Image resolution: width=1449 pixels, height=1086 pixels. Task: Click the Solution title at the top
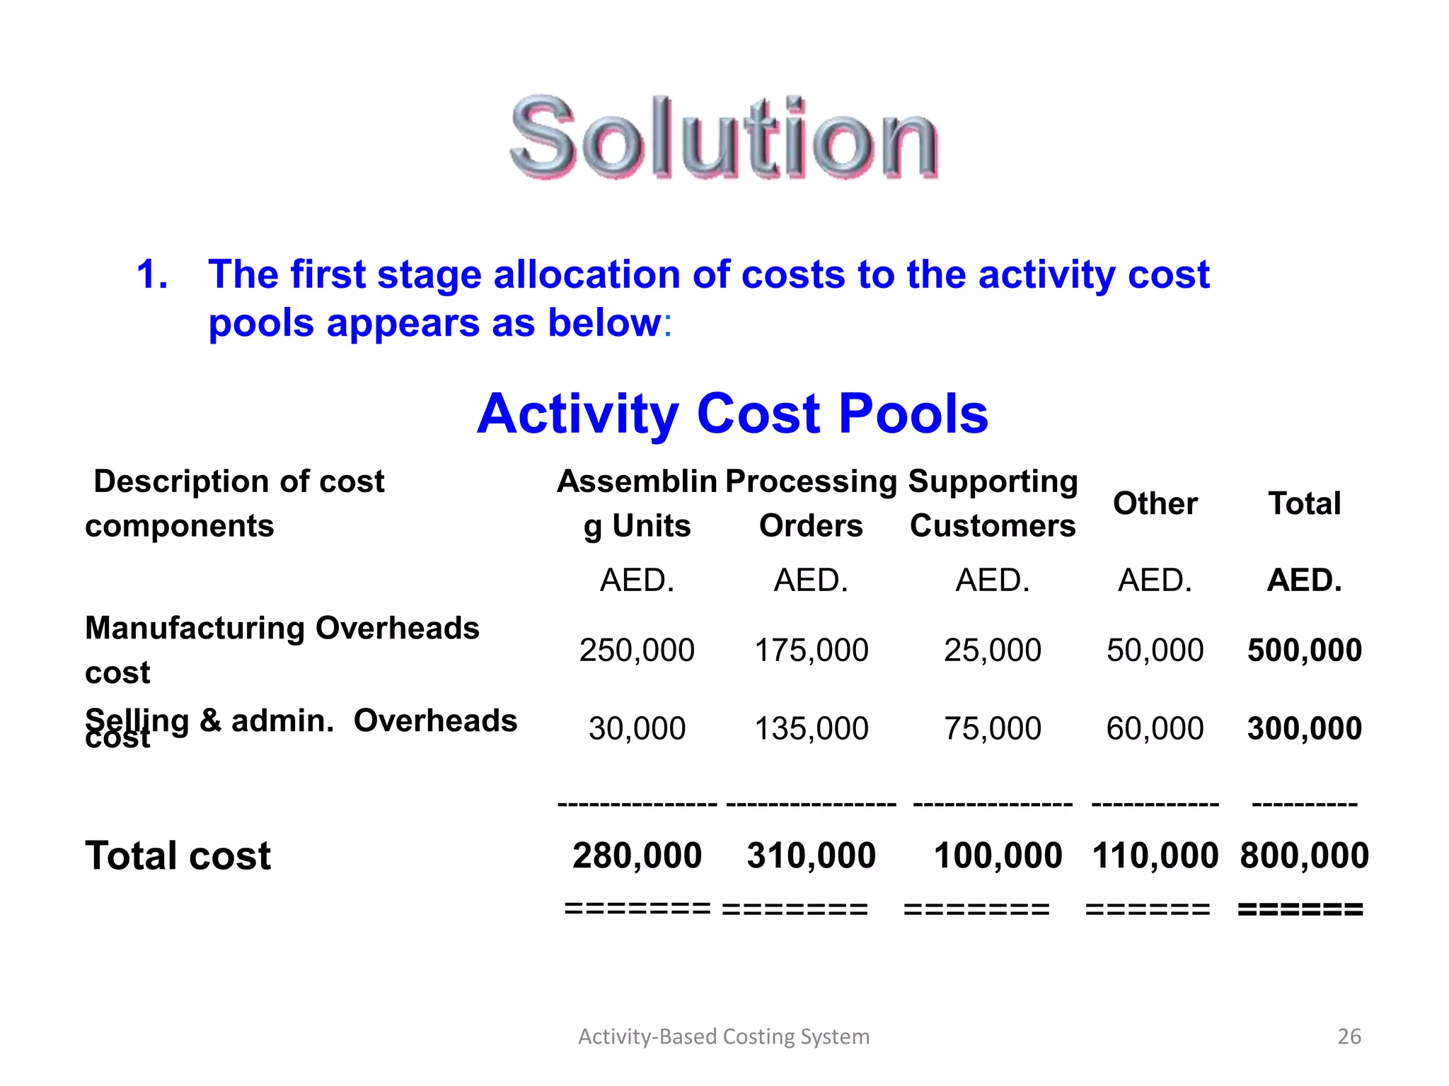724,137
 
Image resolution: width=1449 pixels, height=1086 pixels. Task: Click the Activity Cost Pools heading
732,414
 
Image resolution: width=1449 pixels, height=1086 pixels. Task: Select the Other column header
1155,503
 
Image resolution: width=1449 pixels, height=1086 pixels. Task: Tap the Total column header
1304,503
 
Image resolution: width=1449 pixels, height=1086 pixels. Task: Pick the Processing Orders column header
811,503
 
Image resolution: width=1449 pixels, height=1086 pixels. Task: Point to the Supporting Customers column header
993,503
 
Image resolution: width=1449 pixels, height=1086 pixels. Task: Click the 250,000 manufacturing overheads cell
637,650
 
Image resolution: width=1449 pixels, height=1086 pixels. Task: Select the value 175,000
811,650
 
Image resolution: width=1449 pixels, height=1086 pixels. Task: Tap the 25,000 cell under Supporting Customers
992,650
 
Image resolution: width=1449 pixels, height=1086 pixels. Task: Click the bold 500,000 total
1304,650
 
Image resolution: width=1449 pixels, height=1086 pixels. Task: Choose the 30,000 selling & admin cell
637,728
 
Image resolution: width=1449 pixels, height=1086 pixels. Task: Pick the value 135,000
811,728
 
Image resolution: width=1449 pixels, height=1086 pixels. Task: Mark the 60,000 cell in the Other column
1155,728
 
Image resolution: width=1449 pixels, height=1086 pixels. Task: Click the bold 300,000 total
1304,728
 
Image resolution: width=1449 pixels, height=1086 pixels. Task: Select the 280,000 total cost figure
637,856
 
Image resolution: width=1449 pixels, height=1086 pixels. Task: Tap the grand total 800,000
1304,856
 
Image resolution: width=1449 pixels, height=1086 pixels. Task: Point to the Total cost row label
178,856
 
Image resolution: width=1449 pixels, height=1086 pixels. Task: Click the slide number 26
1349,1037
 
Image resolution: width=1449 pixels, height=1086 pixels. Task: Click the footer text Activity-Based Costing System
724,1037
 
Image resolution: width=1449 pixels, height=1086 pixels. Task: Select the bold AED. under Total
1304,580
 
